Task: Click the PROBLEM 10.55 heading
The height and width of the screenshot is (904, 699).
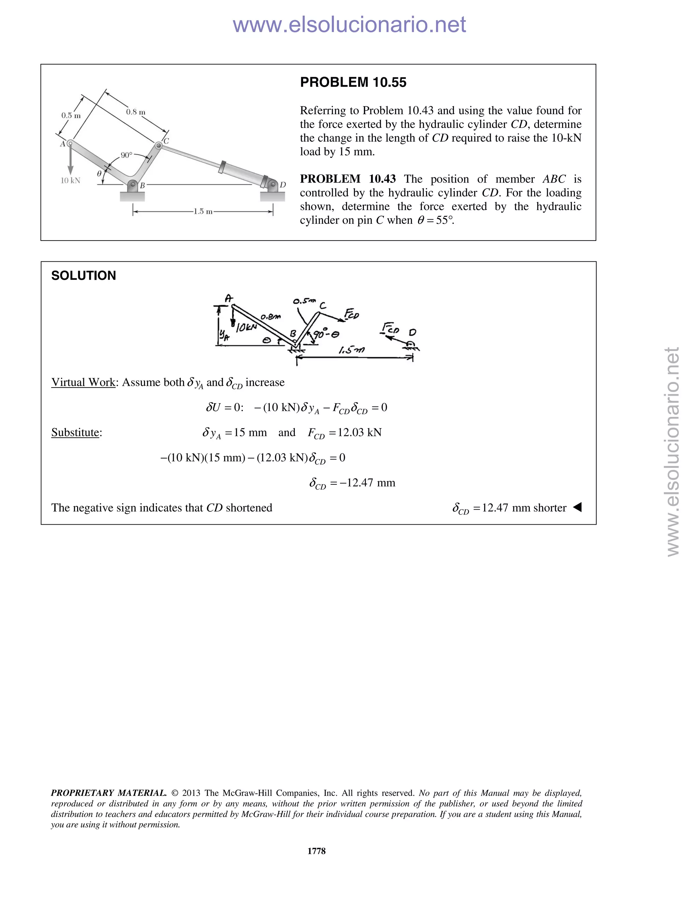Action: [x=353, y=82]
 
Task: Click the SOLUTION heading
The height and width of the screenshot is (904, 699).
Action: [x=83, y=276]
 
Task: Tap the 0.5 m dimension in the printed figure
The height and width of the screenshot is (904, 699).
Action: [x=71, y=116]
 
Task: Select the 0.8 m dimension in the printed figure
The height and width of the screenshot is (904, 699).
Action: [x=136, y=112]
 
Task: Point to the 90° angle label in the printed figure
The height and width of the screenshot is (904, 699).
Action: [x=126, y=155]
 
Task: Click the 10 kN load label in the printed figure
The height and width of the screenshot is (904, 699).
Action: [x=70, y=180]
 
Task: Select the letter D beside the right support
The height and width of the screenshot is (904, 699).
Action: [x=283, y=185]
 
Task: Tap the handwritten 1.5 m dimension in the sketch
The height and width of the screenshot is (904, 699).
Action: [x=351, y=350]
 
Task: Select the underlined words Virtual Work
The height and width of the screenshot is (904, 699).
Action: [x=83, y=382]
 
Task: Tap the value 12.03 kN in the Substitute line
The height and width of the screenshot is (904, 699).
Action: [x=359, y=433]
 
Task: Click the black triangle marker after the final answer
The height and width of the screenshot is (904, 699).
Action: [x=577, y=507]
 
